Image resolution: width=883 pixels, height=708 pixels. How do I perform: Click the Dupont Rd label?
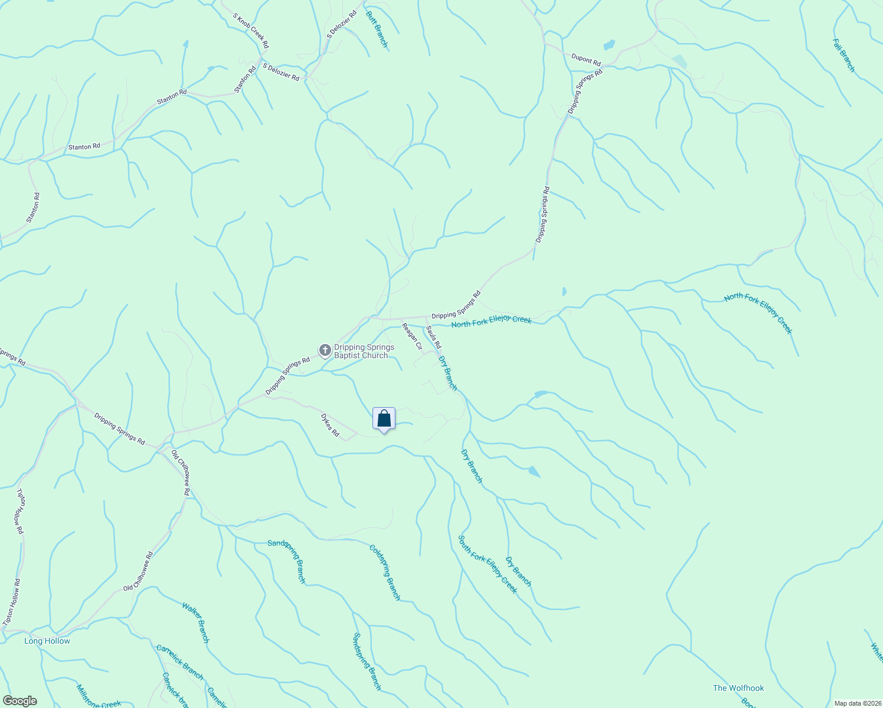586,60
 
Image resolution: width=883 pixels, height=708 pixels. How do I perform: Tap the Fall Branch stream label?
843,55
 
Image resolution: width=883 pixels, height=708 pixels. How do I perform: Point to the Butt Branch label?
377,29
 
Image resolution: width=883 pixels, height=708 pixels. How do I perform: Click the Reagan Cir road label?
412,336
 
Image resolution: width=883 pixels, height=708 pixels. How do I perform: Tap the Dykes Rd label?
330,425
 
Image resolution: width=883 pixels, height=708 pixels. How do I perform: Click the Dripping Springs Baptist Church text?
364,352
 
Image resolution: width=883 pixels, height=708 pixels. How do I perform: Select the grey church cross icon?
325,350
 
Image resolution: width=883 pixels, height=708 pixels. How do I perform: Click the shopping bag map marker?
384,419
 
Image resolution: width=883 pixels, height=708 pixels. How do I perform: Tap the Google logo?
19,701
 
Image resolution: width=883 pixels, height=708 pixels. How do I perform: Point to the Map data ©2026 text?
856,703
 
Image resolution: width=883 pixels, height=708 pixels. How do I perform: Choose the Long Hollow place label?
47,641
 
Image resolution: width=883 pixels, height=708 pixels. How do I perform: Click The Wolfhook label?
738,688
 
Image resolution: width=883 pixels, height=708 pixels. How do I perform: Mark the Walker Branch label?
195,622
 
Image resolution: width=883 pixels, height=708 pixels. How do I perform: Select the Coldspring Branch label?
385,572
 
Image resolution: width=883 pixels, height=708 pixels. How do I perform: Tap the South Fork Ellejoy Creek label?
488,564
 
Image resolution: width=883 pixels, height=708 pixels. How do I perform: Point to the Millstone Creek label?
99,697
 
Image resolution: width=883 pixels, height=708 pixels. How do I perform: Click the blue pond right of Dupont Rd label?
609,45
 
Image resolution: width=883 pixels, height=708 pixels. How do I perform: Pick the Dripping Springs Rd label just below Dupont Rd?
585,91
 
